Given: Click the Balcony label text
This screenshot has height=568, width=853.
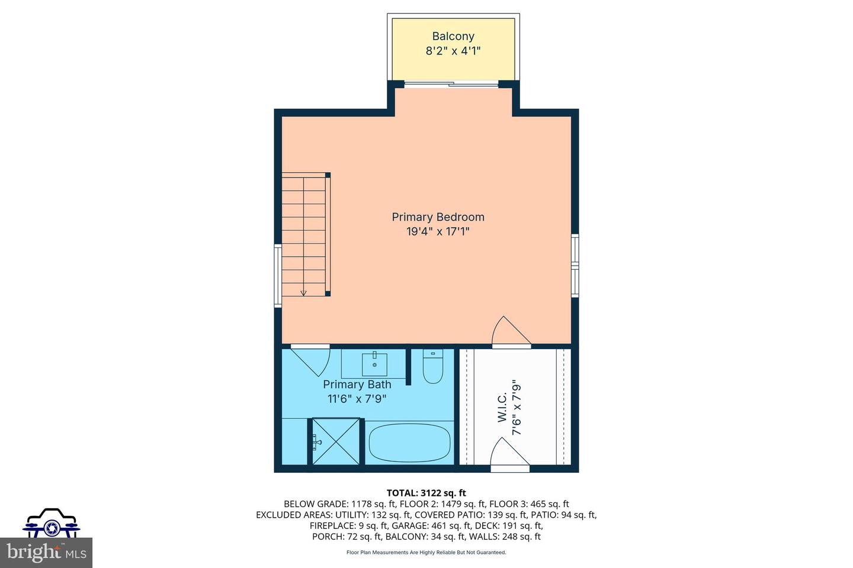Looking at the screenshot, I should pos(453,36).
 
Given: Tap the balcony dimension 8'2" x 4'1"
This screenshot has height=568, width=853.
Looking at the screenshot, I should pos(453,51).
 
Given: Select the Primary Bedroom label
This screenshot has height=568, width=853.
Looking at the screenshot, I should pos(438,217).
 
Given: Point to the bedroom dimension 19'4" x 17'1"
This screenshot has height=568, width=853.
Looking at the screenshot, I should pos(438,232).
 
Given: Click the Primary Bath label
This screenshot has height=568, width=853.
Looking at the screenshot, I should pos(357,385).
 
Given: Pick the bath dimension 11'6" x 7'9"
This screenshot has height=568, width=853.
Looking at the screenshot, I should pos(357,399).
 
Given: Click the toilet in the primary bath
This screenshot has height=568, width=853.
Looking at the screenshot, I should pos(433,367).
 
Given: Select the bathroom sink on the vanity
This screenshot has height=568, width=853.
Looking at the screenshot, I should pos(374,363).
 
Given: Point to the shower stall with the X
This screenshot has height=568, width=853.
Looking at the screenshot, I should pos(335,442).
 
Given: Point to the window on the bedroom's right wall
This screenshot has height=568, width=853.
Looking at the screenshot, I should pos(575,265).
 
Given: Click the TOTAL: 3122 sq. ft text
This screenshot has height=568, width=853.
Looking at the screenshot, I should pos(426,493).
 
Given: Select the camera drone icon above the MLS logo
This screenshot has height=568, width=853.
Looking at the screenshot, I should pos(51,523).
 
